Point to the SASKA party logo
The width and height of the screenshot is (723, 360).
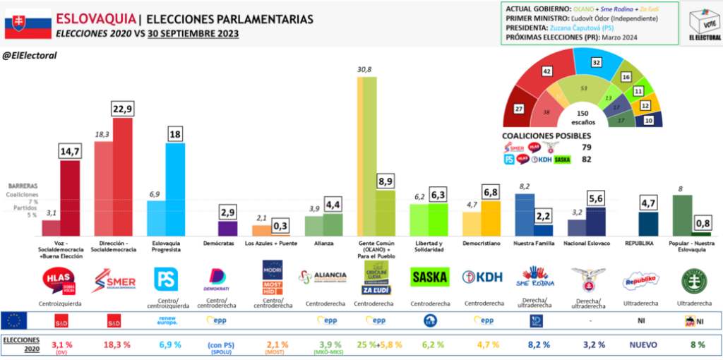(x=429, y=277)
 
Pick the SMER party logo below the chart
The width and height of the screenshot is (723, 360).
(x=114, y=280)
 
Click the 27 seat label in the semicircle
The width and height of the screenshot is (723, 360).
(x=519, y=109)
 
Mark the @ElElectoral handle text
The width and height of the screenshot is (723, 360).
(x=30, y=55)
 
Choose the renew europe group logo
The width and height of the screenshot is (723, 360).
(x=167, y=320)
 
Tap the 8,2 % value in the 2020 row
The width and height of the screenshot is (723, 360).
(x=535, y=344)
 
